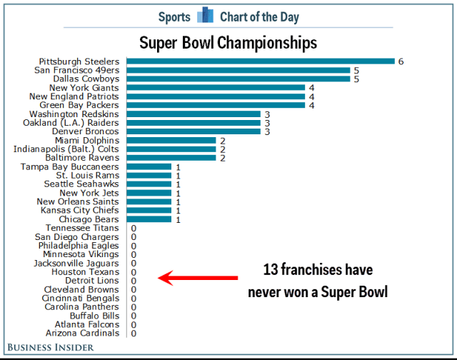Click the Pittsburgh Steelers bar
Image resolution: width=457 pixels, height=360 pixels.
pyautogui.click(x=261, y=61)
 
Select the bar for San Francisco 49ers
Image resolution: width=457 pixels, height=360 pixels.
pyautogui.click(x=238, y=70)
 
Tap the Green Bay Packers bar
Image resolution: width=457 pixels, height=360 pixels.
pyautogui.click(x=216, y=105)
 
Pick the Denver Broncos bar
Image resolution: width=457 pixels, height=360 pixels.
pyautogui.click(x=194, y=131)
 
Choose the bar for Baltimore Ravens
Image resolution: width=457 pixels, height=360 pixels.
pyautogui.click(x=171, y=158)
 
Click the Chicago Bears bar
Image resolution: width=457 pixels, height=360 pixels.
pyautogui.click(x=149, y=219)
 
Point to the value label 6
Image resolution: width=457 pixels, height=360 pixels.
pyautogui.click(x=401, y=61)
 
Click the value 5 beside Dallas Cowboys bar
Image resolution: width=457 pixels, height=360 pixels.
pyautogui.click(x=356, y=79)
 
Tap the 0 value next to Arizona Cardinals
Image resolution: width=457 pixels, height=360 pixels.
pyautogui.click(x=134, y=333)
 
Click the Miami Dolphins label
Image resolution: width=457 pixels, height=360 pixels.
pyautogui.click(x=86, y=140)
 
